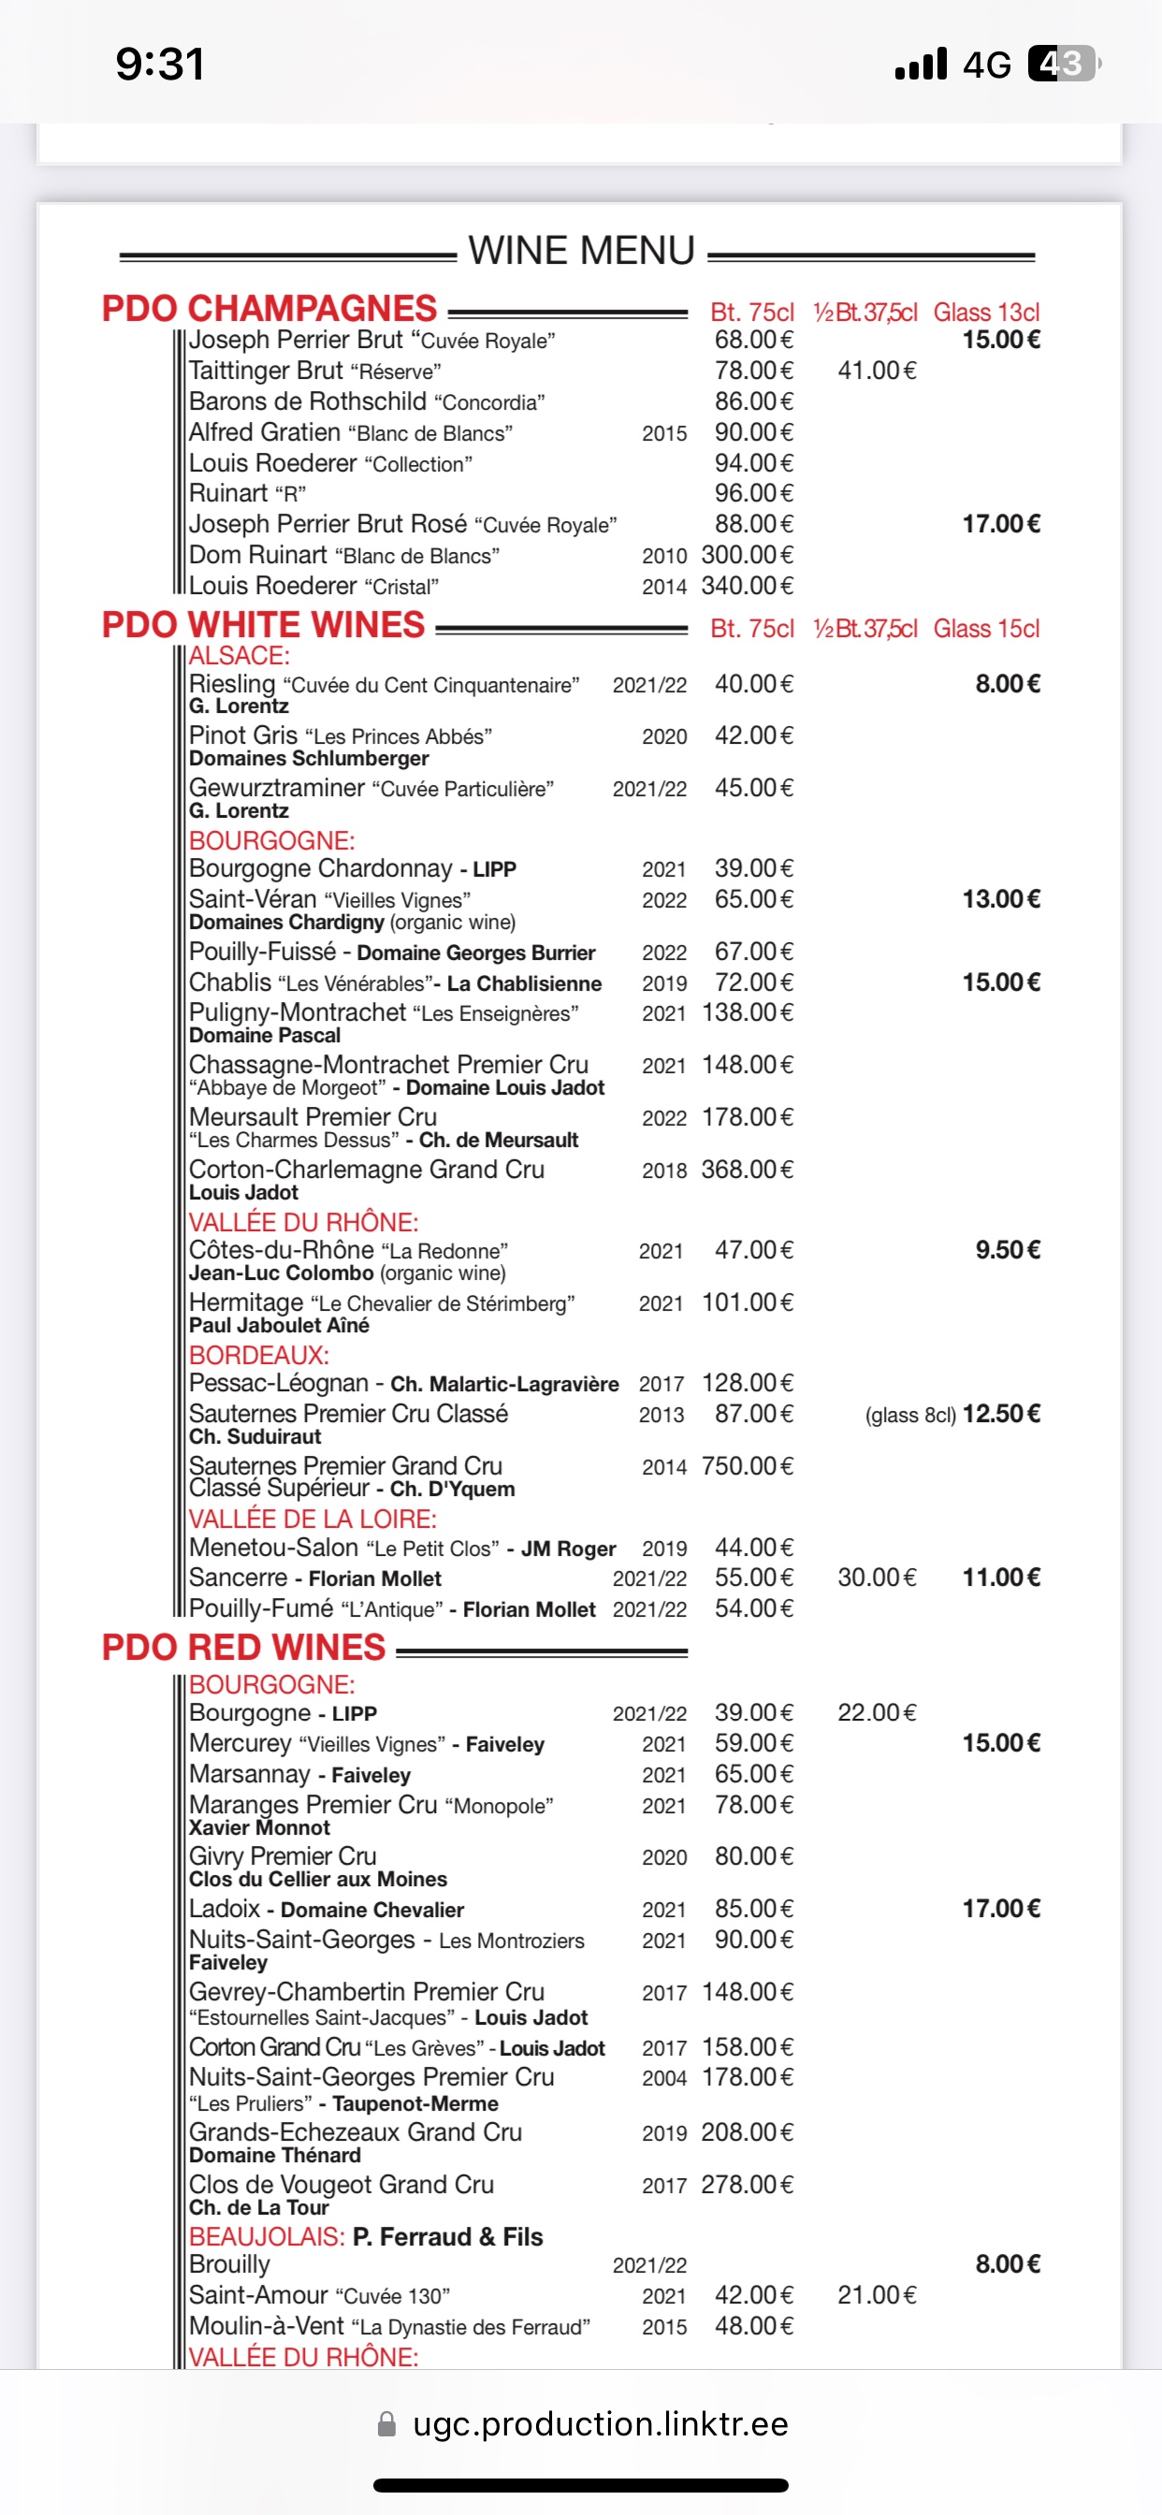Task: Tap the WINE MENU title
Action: [x=581, y=251]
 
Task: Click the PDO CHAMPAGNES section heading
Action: [x=269, y=309]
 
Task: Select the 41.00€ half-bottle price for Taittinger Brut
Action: [x=876, y=371]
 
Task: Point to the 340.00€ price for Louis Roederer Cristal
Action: [x=747, y=586]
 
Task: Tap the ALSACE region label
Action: [x=240, y=656]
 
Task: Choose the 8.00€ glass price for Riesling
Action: [x=1007, y=684]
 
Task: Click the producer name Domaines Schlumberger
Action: [x=309, y=759]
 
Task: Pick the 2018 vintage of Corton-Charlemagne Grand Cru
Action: [x=664, y=1170]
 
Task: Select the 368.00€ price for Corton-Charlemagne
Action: [x=747, y=1170]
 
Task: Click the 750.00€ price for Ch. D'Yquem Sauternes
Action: [x=747, y=1466]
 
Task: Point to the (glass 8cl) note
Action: [x=910, y=1416]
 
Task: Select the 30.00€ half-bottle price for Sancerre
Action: [x=876, y=1577]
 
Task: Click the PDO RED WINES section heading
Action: [x=244, y=1648]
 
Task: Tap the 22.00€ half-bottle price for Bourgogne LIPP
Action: [x=876, y=1712]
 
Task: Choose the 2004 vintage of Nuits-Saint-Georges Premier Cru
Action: [x=664, y=2079]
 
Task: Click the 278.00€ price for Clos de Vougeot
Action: [x=747, y=2185]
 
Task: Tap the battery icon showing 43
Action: [x=1064, y=65]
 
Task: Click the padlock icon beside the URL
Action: [x=386, y=2424]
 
